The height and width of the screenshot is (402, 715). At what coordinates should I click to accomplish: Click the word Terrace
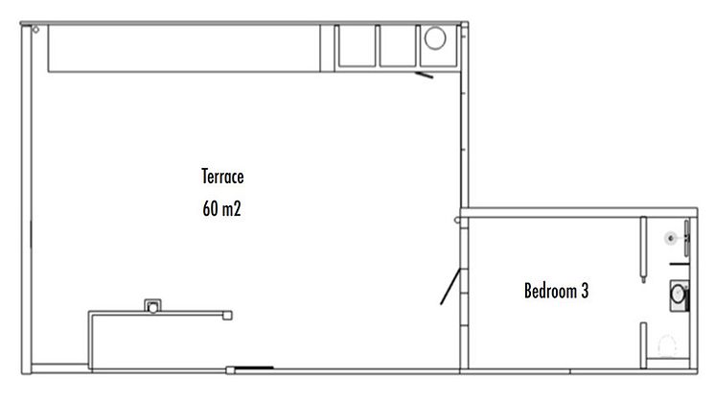coord(222,177)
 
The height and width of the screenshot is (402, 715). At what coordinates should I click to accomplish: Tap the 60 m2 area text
coord(221,209)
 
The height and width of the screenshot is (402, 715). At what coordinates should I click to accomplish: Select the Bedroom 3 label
coord(556,291)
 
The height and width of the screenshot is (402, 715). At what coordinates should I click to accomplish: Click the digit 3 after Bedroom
coord(585,291)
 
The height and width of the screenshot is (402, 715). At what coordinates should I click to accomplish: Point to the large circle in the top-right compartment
coord(435,38)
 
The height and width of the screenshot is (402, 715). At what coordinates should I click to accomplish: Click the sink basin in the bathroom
coord(679,295)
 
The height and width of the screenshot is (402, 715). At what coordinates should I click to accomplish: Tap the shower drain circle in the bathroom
coord(671,238)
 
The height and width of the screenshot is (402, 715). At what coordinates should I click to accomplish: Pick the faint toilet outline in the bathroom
coord(668,345)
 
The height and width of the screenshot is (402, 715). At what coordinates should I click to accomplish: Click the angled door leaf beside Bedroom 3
coord(450,287)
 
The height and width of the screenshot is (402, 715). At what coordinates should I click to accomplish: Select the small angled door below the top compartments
coord(424,75)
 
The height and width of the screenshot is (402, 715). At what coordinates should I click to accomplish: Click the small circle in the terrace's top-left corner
coord(35,30)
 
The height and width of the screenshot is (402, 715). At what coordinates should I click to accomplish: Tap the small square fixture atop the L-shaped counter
coord(152,306)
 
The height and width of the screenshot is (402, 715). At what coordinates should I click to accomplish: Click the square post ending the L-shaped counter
coord(227,316)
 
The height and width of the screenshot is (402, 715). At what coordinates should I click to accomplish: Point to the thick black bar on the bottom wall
coord(254,367)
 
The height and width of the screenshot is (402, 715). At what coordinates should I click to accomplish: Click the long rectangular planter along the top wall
coord(184,48)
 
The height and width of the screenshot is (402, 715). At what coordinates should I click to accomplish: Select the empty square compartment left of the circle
coord(398,46)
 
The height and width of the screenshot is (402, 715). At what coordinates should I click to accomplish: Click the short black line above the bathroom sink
coord(679,264)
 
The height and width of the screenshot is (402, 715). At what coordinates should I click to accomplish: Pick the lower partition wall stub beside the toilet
coord(643,345)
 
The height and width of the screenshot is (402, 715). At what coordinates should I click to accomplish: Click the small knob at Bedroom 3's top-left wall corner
coord(457,221)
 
